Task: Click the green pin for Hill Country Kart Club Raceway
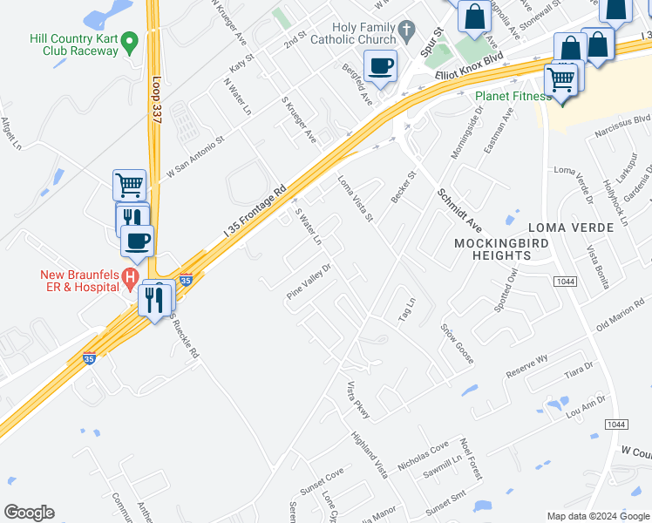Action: pyautogui.click(x=130, y=40)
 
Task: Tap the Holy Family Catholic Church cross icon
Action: pyautogui.click(x=406, y=32)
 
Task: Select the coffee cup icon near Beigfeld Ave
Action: pyautogui.click(x=381, y=66)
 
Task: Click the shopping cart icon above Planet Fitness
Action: pyautogui.click(x=561, y=80)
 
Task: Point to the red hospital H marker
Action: pyautogui.click(x=130, y=279)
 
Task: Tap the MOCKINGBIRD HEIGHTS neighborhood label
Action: pyautogui.click(x=492, y=248)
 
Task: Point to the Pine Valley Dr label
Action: pyautogui.click(x=309, y=282)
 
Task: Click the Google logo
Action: pyautogui.click(x=29, y=513)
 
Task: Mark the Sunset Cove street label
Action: pyautogui.click(x=323, y=477)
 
